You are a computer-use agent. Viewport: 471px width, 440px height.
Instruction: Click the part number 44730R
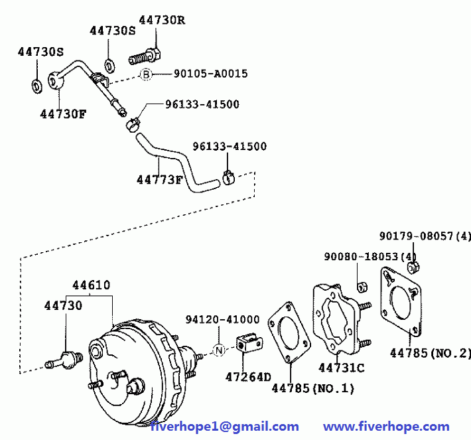pos(162,20)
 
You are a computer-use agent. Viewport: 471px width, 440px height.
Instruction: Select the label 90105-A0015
pos(210,74)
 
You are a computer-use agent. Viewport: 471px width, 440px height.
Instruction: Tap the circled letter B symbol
pos(146,74)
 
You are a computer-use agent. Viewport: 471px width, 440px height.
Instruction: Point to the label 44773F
pos(159,180)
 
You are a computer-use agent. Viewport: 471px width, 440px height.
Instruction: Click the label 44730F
pos(63,113)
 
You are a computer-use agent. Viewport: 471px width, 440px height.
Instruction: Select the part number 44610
pos(92,285)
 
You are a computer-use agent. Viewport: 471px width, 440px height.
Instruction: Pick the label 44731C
pos(341,367)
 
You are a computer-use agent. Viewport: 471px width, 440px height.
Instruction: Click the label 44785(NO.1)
pos(313,388)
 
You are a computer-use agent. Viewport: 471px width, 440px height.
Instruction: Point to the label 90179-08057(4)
pos(425,236)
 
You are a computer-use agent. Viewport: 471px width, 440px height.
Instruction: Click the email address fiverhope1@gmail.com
pos(224,427)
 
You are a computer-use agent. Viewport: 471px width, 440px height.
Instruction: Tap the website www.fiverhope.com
pos(386,427)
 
